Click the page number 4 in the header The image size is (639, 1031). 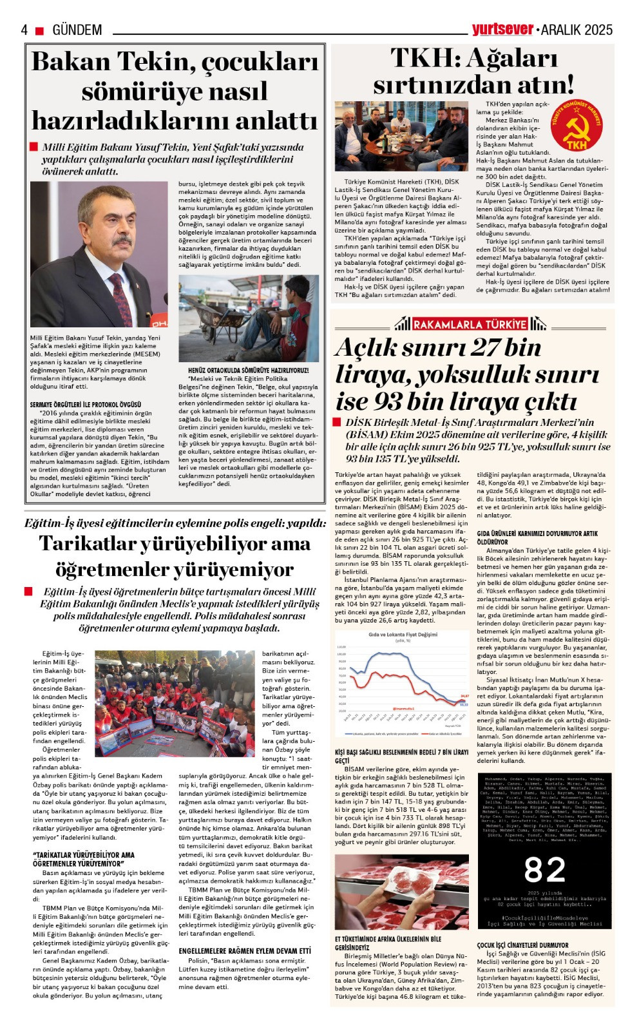pyautogui.click(x=24, y=30)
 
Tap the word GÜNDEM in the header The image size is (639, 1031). pyautogui.click(x=77, y=30)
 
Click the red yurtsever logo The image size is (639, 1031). pyautogui.click(x=502, y=28)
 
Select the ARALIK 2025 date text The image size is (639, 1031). pyautogui.click(x=577, y=30)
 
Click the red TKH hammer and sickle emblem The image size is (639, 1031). pyautogui.click(x=577, y=126)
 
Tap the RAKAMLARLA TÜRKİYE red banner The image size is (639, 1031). pyautogui.click(x=470, y=324)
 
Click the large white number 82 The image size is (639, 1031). pyautogui.click(x=544, y=870)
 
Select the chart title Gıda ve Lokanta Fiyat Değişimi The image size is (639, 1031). pyautogui.click(x=403, y=635)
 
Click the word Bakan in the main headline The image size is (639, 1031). pyautogui.click(x=71, y=63)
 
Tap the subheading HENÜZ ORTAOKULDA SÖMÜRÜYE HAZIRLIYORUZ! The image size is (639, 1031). pyautogui.click(x=248, y=371)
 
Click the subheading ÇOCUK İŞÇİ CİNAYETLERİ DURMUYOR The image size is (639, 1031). pyautogui.click(x=522, y=945)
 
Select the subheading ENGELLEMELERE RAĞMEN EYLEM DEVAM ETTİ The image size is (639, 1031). pyautogui.click(x=245, y=950)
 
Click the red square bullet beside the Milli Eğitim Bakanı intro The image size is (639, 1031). pyautogui.click(x=34, y=147)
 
